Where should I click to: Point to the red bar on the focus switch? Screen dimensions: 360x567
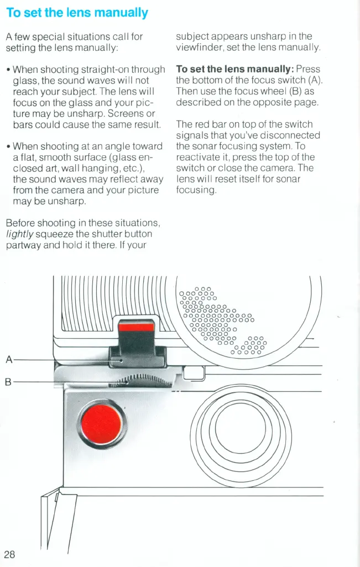tap(137, 327)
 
